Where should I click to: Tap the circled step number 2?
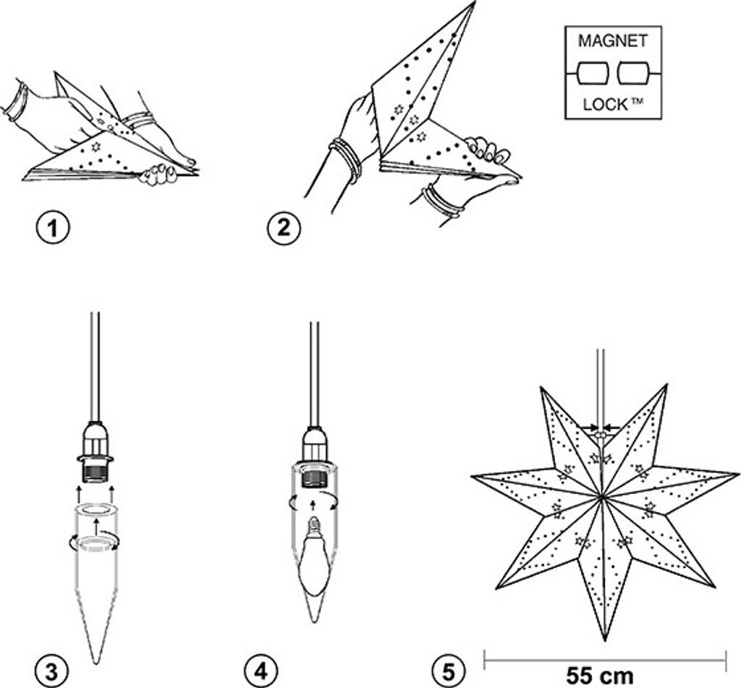tap(284, 229)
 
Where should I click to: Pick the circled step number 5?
tap(447, 670)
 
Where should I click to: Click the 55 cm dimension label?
tap(600, 676)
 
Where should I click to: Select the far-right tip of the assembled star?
tap(737, 474)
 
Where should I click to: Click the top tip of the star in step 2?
tap(474, 4)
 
